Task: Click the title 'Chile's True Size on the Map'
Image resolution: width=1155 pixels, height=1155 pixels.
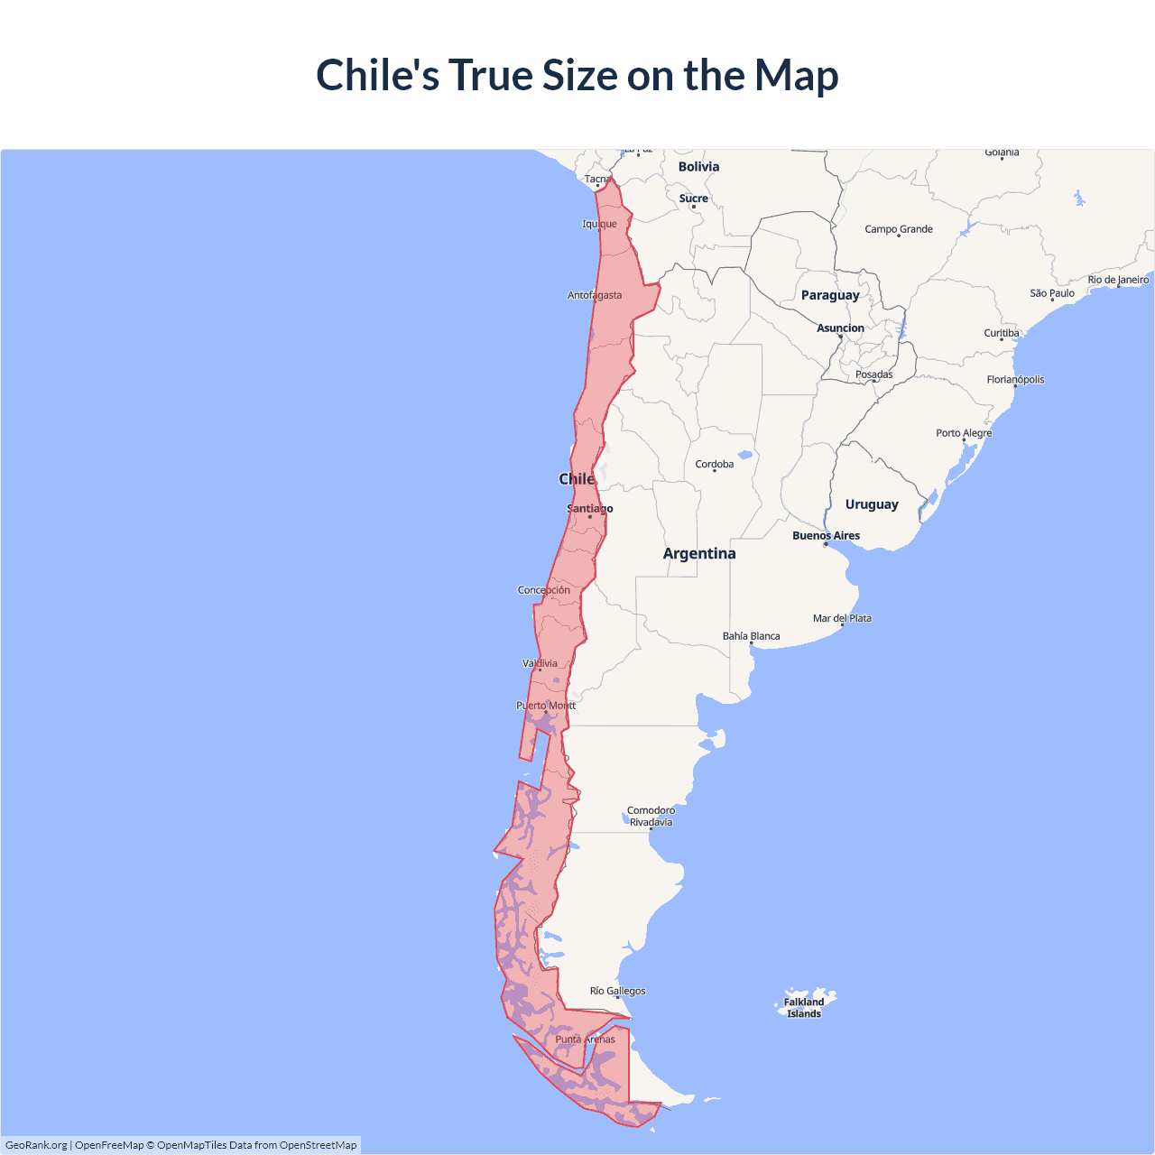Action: point(577,75)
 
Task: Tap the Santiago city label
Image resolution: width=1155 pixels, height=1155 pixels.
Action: point(589,509)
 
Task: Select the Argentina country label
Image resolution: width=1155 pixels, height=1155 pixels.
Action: point(699,553)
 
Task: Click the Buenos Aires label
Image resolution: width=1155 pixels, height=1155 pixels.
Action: point(826,535)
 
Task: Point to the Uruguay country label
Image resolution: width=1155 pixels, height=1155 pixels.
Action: point(872,504)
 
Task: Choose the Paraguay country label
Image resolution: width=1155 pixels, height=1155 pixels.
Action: point(830,295)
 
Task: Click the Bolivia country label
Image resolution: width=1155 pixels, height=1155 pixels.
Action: point(698,167)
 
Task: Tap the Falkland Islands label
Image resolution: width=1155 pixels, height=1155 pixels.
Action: point(803,1008)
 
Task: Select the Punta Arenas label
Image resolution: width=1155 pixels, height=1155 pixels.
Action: point(585,1039)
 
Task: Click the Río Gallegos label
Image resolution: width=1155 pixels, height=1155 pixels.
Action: point(617,991)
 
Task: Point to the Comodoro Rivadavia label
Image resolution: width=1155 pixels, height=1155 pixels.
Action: point(651,816)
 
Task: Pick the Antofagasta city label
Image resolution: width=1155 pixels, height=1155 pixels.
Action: point(594,295)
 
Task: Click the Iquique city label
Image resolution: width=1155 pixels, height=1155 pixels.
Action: point(599,224)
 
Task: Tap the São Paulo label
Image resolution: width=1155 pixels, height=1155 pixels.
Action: point(1052,293)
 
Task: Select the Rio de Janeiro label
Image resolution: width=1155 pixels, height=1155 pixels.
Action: point(1118,280)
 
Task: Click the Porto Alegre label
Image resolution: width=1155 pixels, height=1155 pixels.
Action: point(964,433)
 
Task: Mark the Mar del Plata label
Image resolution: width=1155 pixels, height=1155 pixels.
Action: point(842,618)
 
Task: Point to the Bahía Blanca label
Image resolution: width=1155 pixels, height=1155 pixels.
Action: point(751,636)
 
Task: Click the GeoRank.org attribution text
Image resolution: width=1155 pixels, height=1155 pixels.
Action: point(36,1145)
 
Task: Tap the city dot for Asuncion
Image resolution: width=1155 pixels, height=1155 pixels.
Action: point(841,337)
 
